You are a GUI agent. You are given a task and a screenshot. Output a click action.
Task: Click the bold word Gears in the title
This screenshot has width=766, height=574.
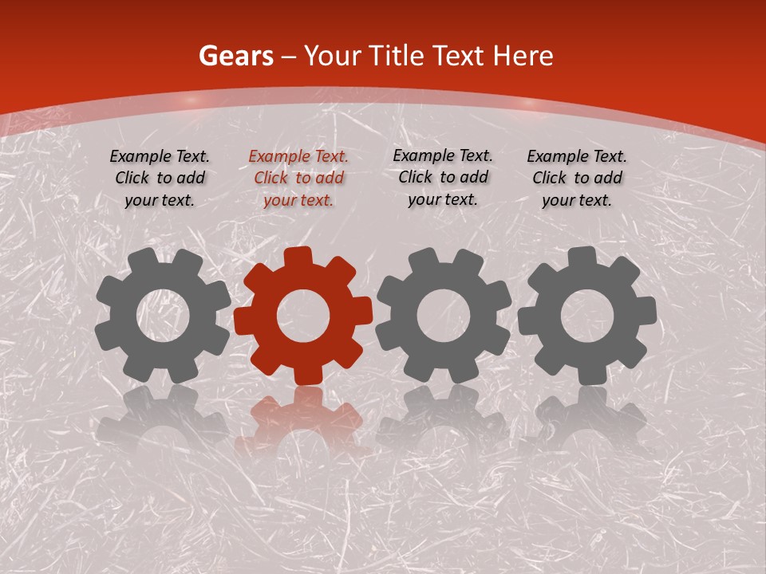pyautogui.click(x=235, y=56)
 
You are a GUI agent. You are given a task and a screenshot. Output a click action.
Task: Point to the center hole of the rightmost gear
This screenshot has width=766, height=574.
pyautogui.click(x=586, y=314)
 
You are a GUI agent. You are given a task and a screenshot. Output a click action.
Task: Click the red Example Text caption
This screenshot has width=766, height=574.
pyautogui.click(x=298, y=179)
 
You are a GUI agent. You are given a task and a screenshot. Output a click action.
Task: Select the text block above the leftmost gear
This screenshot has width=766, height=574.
pyautogui.click(x=160, y=178)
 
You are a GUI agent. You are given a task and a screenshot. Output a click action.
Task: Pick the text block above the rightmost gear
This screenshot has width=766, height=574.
pyautogui.click(x=577, y=178)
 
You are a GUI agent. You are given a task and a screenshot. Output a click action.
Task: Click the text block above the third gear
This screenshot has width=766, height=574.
pyautogui.click(x=443, y=177)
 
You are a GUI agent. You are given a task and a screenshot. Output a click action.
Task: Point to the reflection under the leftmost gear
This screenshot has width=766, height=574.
pyautogui.click(x=163, y=423)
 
